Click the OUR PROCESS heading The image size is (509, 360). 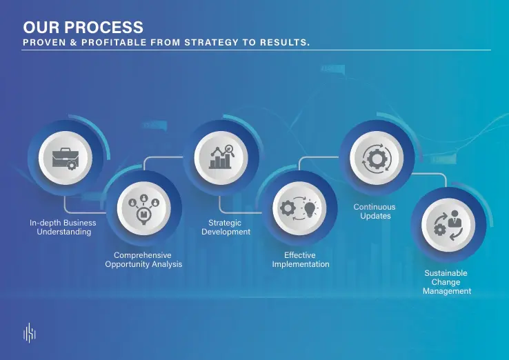(83, 28)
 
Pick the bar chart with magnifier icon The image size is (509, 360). (221, 157)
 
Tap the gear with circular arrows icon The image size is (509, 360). (377, 159)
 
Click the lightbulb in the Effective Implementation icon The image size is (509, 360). (310, 209)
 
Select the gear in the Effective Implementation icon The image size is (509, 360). (288, 208)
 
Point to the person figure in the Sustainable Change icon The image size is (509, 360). (455, 219)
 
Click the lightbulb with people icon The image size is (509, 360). (143, 208)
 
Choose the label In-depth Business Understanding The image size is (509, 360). (63, 227)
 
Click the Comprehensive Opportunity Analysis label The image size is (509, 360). (143, 260)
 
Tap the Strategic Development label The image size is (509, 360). (226, 227)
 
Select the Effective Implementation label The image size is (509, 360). (301, 260)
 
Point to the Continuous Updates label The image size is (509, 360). (375, 211)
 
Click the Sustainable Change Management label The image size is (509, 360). (447, 282)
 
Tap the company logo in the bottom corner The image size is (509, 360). (29, 332)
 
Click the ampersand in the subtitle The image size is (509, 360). (74, 42)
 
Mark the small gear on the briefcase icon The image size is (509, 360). (72, 166)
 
